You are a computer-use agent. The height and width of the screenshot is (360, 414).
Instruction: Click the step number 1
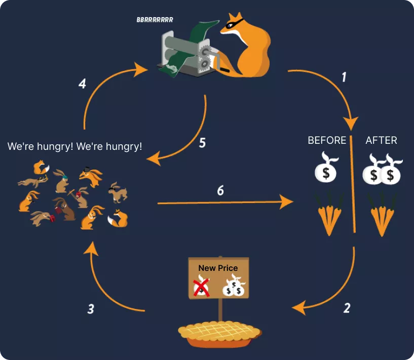pyautogui.click(x=344, y=77)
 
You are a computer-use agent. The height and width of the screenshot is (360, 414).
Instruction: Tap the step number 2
pyautogui.click(x=347, y=307)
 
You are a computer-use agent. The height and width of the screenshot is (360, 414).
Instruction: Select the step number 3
pyautogui.click(x=90, y=308)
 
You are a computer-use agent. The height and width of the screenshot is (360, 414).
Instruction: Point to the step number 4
pyautogui.click(x=82, y=84)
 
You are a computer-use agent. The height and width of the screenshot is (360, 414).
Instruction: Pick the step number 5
pyautogui.click(x=202, y=143)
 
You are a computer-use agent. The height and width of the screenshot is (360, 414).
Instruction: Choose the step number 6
pyautogui.click(x=220, y=190)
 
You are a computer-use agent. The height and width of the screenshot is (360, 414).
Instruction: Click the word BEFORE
pyautogui.click(x=327, y=140)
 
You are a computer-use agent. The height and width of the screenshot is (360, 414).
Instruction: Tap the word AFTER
pyautogui.click(x=381, y=140)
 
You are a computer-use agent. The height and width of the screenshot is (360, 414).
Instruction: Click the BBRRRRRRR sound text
pyautogui.click(x=155, y=20)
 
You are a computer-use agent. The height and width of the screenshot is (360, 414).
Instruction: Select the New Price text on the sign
pyautogui.click(x=218, y=268)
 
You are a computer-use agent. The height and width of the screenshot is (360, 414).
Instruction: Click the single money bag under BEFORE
pyautogui.click(x=326, y=170)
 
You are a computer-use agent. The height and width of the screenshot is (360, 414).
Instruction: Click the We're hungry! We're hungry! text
pyautogui.click(x=75, y=146)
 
